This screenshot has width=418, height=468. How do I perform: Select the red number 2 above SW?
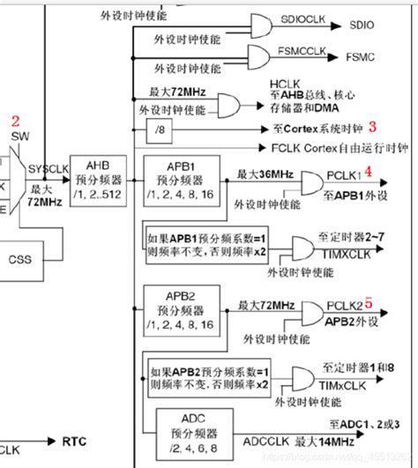[14, 121]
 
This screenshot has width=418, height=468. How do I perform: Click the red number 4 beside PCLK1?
[369, 169]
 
